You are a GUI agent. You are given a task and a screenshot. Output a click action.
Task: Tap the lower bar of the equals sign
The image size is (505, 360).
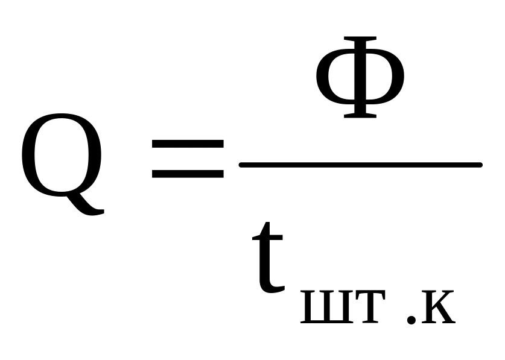click(188, 174)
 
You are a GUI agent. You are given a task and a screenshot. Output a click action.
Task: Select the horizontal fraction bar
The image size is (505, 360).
click(360, 165)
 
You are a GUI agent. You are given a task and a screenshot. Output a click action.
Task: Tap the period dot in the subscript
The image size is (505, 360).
click(411, 320)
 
